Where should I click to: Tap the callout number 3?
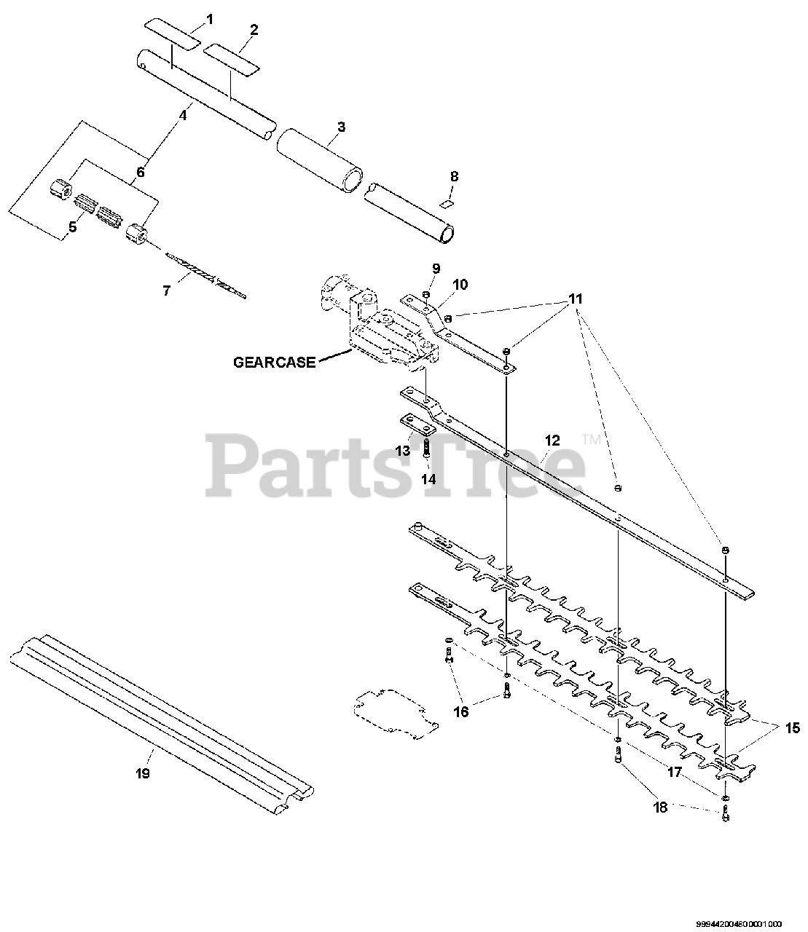click(x=341, y=127)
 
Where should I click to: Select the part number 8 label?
click(x=454, y=176)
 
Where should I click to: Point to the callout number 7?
click(x=166, y=291)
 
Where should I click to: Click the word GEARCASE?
click(x=275, y=362)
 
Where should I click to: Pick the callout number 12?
click(x=552, y=440)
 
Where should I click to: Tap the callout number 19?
click(x=143, y=773)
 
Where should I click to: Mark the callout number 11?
click(x=576, y=299)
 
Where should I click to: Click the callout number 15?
click(x=792, y=727)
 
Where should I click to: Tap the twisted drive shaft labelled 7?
click(x=205, y=275)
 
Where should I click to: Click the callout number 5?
click(x=72, y=227)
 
